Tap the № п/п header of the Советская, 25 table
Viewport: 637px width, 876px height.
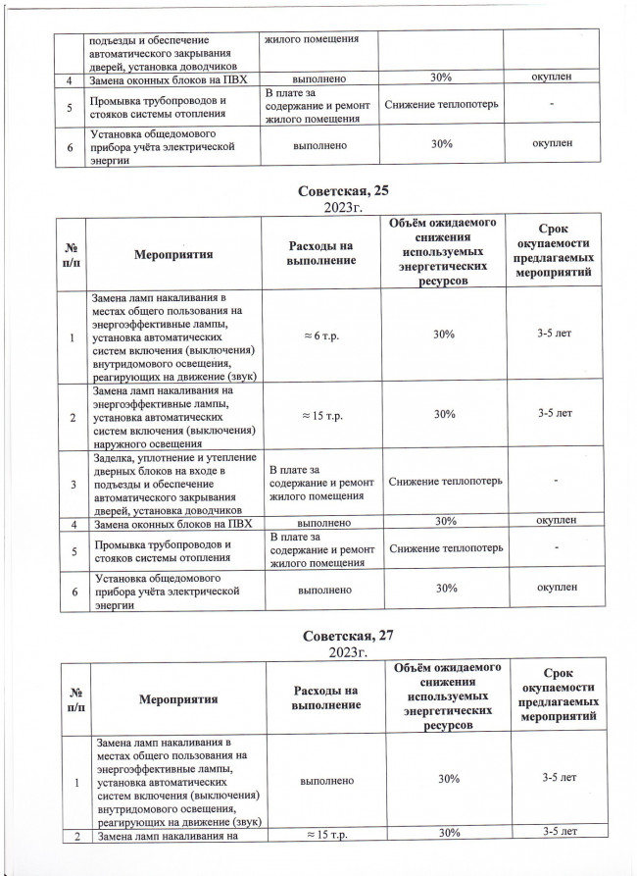click(72, 254)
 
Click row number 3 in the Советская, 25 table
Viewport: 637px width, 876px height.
click(72, 482)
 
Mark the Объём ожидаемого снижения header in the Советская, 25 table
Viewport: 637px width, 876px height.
click(444, 254)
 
